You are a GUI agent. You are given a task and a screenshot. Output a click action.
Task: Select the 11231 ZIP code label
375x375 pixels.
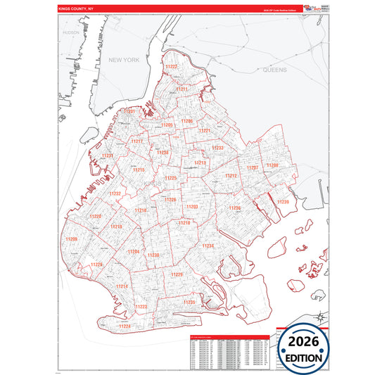pyautogui.click(x=107, y=155)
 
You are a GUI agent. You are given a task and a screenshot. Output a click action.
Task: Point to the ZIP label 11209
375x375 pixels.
pyautogui.click(x=72, y=239)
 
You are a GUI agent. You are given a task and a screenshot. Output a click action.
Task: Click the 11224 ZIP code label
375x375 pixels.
pyautogui.click(x=125, y=326)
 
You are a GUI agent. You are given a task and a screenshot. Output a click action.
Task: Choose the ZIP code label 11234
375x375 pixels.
pyautogui.click(x=208, y=246)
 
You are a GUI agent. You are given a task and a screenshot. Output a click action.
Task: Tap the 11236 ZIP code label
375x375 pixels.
pyautogui.click(x=234, y=208)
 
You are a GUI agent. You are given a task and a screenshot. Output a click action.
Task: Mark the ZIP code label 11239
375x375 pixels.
pyautogui.click(x=282, y=202)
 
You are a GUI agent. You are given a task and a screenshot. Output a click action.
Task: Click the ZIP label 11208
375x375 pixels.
pyautogui.click(x=272, y=165)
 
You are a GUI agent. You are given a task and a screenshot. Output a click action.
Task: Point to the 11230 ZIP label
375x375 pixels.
pyautogui.click(x=153, y=255)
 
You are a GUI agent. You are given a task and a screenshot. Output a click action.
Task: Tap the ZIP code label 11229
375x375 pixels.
pyautogui.click(x=177, y=274)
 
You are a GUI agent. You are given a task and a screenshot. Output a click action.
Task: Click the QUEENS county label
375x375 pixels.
pyautogui.click(x=275, y=71)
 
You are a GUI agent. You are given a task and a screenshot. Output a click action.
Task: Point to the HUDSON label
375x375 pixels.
pyautogui.click(x=71, y=32)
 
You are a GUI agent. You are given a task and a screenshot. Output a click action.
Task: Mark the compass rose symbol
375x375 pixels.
pyautogui.click(x=321, y=316)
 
